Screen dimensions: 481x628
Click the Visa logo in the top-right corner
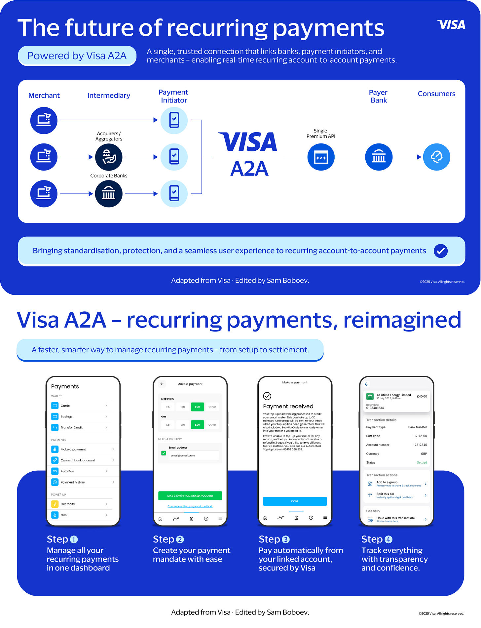coord(451,25)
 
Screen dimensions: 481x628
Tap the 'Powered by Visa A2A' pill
coord(77,56)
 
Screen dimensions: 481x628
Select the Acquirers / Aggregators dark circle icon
coord(109,157)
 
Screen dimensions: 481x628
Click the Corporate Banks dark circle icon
coord(109,194)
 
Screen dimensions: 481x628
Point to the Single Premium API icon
coord(321,157)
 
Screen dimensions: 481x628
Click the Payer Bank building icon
coord(379,157)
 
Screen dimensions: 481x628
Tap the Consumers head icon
coord(436,157)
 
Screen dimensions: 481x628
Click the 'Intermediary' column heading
coord(109,96)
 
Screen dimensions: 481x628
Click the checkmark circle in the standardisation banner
coord(440,251)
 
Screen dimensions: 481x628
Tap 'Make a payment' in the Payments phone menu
coord(73,450)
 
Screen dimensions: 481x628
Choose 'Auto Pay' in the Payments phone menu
coord(67,471)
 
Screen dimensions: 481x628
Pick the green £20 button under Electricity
coord(197,407)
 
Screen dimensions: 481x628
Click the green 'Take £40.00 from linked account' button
coord(190,496)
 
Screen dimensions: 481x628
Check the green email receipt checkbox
coord(164,453)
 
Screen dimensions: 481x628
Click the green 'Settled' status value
coord(422,463)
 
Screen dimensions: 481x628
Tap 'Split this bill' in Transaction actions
coord(385,494)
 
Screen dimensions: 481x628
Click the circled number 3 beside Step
coord(286,539)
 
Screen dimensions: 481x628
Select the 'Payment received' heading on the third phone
coord(288,406)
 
